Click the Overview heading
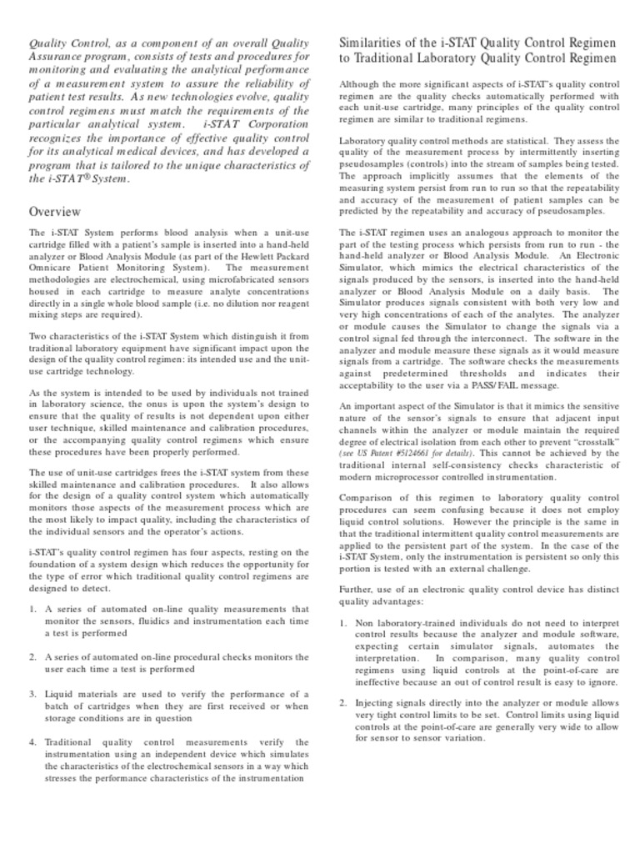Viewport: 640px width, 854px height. (x=55, y=211)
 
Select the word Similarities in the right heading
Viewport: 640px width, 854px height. (x=376, y=43)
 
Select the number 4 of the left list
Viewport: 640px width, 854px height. (x=32, y=741)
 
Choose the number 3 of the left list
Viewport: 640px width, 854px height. (x=32, y=693)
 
